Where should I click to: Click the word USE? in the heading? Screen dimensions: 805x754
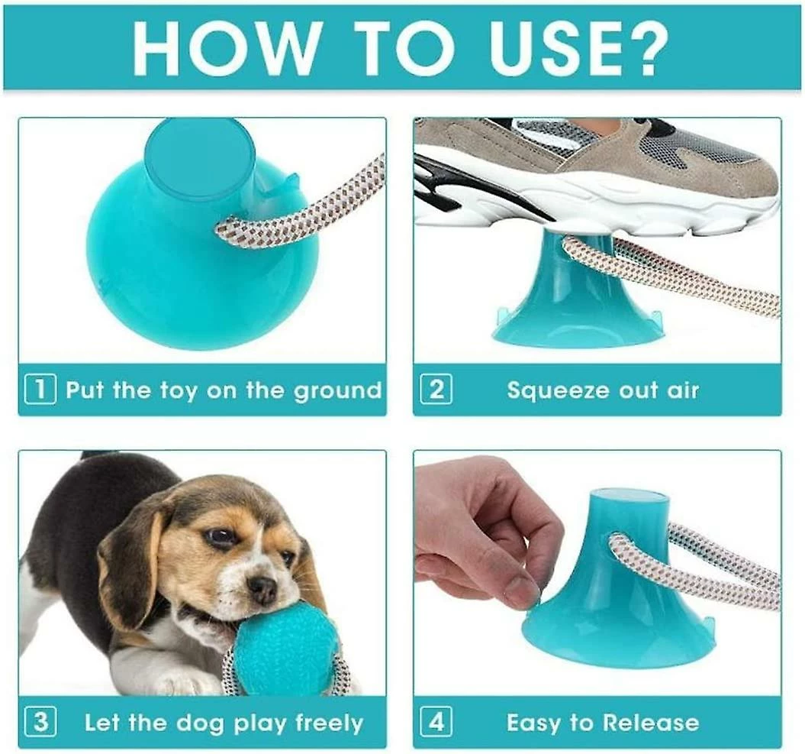(x=579, y=49)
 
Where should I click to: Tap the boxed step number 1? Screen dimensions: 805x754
(x=40, y=390)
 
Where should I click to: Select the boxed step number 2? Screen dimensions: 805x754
(x=436, y=390)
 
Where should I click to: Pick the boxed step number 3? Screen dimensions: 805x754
(x=40, y=722)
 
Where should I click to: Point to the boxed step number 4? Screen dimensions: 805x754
(x=436, y=722)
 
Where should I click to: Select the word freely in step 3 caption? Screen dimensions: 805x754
(x=329, y=723)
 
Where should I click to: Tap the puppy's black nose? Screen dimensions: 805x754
(x=262, y=588)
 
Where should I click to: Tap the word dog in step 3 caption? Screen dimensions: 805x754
(x=200, y=724)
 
